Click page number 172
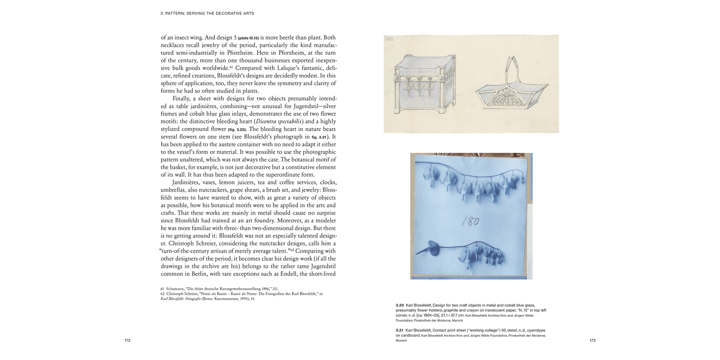(127, 340)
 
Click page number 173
(592, 340)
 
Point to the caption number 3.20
(399, 305)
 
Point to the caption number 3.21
(399, 330)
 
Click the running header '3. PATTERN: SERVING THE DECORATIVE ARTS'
(207, 13)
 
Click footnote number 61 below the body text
(163, 289)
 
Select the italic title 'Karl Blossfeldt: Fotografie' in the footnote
(183, 299)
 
